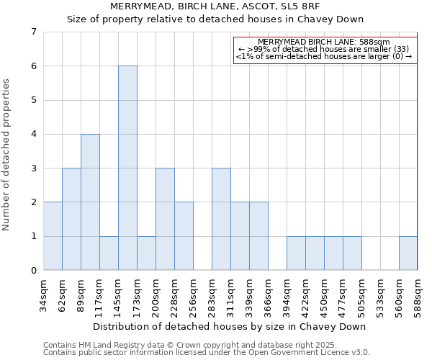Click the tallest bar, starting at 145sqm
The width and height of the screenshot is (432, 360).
pos(127,168)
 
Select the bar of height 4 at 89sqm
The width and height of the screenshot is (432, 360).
pos(90,202)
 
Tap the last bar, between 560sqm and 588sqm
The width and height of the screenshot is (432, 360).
pos(408,253)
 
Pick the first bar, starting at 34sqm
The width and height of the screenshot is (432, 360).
pos(53,236)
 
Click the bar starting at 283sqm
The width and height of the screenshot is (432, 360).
pos(221,219)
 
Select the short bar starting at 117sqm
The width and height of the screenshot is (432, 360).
pos(109,253)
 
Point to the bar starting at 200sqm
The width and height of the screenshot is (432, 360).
pos(165,219)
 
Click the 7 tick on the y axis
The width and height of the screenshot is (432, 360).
pos(33,32)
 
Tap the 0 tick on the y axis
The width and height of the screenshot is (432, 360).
pos(33,271)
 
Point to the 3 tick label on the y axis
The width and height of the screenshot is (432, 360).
pos(33,168)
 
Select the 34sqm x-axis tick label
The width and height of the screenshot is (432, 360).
pos(43,294)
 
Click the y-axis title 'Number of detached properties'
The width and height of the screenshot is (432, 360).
pos(7,155)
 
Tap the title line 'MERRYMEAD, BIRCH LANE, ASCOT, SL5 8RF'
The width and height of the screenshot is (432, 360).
pos(216,6)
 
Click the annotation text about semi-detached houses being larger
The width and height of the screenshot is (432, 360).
pos(324,57)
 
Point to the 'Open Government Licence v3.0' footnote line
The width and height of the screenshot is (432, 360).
pos(206,352)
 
